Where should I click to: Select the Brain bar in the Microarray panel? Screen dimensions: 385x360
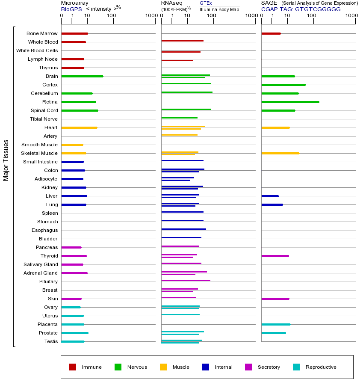pyautogui.click(x=82, y=76)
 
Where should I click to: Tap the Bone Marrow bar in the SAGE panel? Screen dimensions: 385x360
pyautogui.click(x=271, y=33)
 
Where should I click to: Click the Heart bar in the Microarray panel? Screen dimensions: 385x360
pyautogui.click(x=79, y=127)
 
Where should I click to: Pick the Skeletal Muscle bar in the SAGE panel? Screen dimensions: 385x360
pyautogui.click(x=280, y=153)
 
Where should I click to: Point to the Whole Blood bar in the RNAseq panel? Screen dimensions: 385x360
pyautogui.click(x=182, y=41)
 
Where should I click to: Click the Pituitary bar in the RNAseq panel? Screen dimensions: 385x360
pyautogui.click(x=186, y=280)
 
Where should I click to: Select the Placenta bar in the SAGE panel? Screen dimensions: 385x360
pyautogui.click(x=276, y=324)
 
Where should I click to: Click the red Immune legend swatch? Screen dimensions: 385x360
pyautogui.click(x=73, y=367)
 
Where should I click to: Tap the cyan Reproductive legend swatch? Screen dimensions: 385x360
pyautogui.click(x=296, y=367)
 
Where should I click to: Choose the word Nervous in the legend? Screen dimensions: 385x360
pyautogui.click(x=137, y=367)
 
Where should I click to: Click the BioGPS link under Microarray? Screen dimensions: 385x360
pyautogui.click(x=71, y=9)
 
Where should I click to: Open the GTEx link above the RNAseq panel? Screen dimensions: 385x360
pyautogui.click(x=206, y=3)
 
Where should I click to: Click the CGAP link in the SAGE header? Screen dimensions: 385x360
pyautogui.click(x=269, y=9)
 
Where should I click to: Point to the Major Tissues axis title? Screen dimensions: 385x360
pyautogui.click(x=6, y=160)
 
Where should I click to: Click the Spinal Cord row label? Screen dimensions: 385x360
pyautogui.click(x=44, y=110)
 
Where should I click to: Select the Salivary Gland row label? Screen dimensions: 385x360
pyautogui.click(x=41, y=264)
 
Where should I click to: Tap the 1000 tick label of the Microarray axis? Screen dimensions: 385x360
pyautogui.click(x=150, y=16)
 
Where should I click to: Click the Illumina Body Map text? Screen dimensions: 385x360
pyautogui.click(x=219, y=9)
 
